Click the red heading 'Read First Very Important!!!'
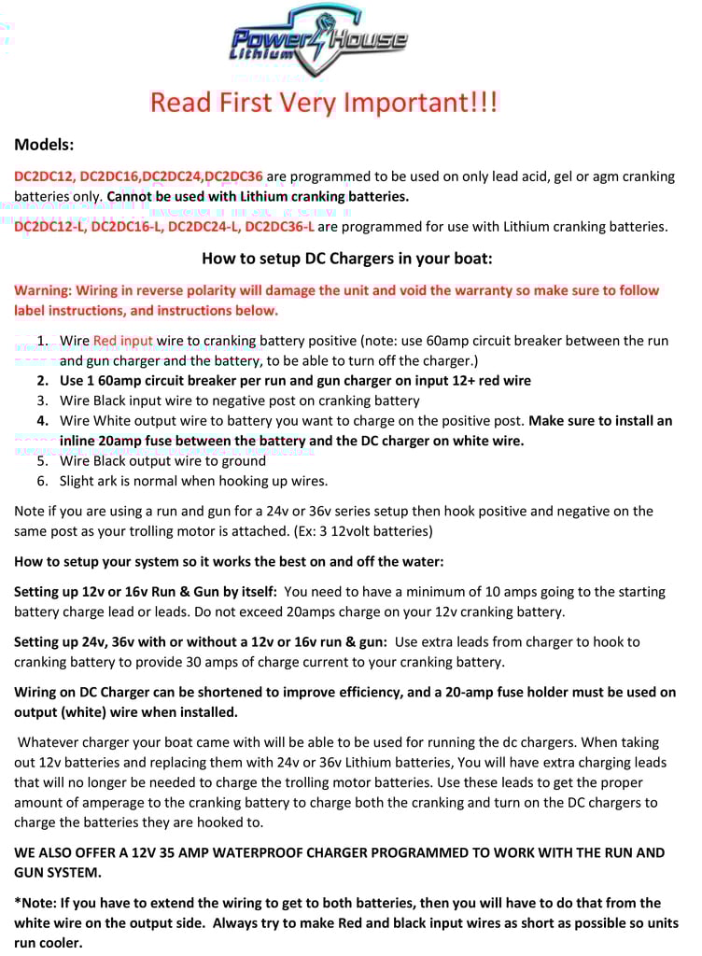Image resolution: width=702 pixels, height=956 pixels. point(324,102)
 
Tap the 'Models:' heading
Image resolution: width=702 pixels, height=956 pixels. point(44,145)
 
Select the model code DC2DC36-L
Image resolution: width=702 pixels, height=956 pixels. point(279,227)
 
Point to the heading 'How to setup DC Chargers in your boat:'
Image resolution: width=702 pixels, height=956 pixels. point(346,259)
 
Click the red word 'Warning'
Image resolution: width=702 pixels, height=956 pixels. point(40,291)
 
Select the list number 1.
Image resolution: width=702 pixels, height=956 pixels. point(42,342)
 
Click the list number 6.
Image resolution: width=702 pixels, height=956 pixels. point(42,482)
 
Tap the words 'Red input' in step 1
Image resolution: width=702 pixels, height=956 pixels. point(122,342)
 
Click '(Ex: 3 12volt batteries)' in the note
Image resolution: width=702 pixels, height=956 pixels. point(351,532)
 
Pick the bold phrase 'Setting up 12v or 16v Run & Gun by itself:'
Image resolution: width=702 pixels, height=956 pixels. point(145,593)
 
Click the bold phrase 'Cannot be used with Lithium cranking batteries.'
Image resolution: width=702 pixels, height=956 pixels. point(258,197)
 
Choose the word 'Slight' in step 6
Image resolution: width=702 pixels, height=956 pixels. point(77,482)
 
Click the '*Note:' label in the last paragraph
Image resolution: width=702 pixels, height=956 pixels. point(35,904)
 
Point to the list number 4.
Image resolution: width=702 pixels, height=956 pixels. point(42,422)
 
